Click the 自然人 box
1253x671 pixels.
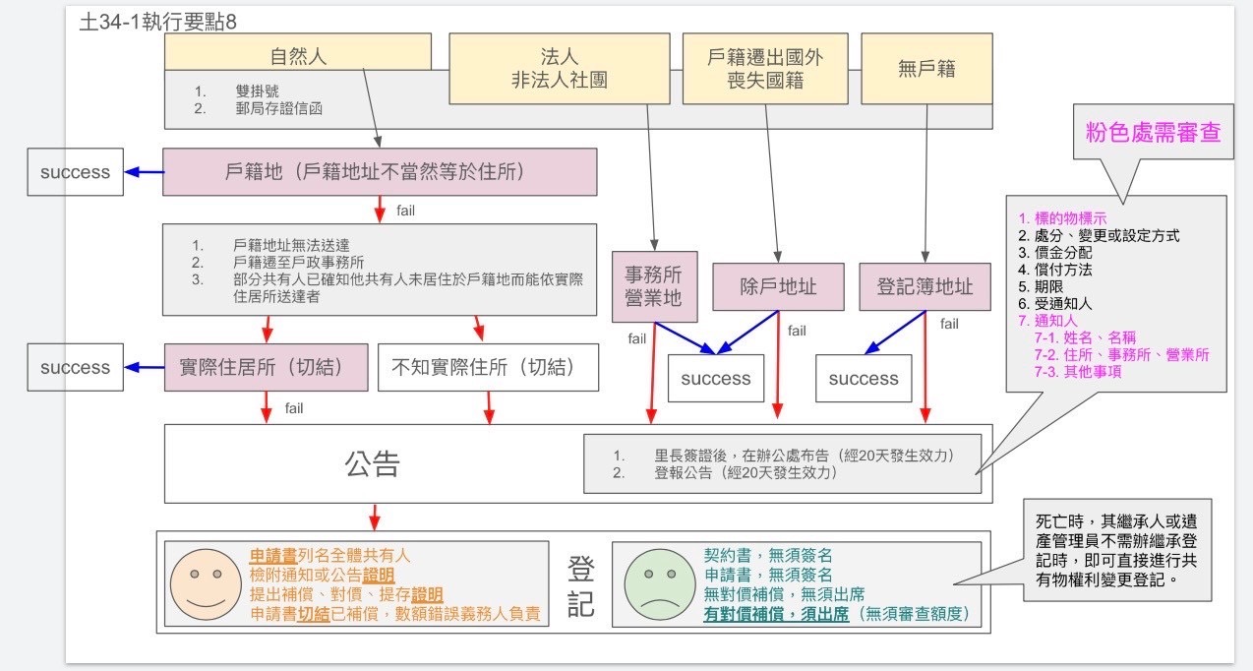point(297,56)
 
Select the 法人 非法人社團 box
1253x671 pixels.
point(559,68)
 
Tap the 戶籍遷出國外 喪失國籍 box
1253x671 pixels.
point(765,68)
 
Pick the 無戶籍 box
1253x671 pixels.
point(925,68)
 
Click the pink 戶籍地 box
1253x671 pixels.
point(380,171)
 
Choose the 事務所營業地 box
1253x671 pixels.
point(654,286)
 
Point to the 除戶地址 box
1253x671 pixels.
point(778,286)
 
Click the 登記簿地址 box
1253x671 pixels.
point(925,286)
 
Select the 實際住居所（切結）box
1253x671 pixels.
point(266,368)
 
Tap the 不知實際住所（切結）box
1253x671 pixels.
point(488,368)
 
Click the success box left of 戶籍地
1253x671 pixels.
point(75,172)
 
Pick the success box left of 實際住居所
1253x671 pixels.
point(75,368)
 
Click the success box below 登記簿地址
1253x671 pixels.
point(864,379)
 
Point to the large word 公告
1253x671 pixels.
point(372,462)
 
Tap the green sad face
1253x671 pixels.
point(655,583)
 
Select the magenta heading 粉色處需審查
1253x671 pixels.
point(1153,134)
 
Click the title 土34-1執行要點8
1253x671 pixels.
point(158,22)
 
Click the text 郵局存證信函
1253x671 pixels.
point(279,108)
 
